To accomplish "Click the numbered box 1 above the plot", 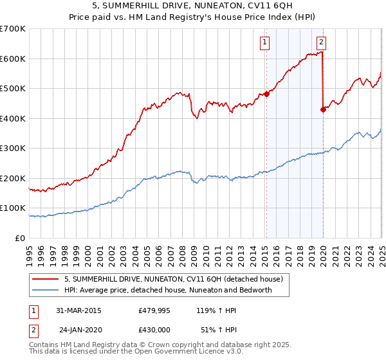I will (x=265, y=43).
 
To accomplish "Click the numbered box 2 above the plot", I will (x=321, y=43).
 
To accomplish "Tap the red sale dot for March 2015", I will (x=266, y=94).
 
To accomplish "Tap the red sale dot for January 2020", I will (x=323, y=109).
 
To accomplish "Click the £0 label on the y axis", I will (x=20, y=238).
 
